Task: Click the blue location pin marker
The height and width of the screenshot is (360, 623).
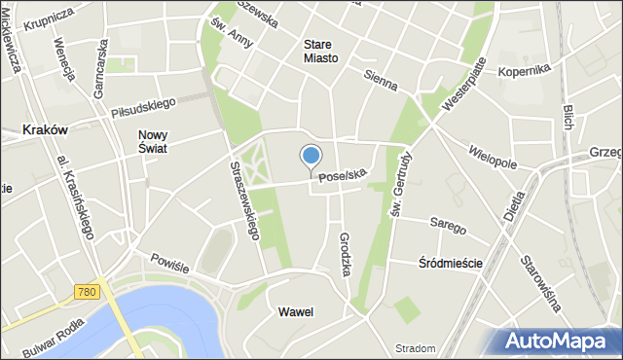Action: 311,157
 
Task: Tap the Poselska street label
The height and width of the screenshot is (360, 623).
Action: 342,176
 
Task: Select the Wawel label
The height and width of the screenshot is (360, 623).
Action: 295,312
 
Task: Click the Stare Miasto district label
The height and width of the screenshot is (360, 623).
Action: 320,52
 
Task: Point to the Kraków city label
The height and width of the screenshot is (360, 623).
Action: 44,129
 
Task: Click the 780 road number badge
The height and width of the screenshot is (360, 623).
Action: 87,292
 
